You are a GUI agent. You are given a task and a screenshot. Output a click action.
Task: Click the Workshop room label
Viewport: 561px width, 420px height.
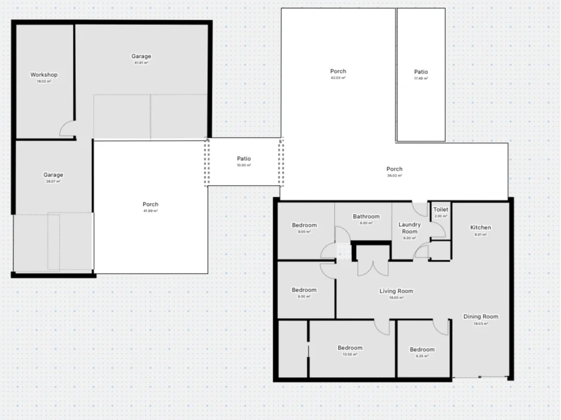(44, 75)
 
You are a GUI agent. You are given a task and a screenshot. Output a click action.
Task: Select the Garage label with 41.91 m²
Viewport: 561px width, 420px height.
(141, 57)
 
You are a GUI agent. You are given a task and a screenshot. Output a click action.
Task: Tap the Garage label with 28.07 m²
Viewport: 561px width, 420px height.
(53, 175)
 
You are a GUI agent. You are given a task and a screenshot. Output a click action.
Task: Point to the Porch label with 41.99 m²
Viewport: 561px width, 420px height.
(151, 204)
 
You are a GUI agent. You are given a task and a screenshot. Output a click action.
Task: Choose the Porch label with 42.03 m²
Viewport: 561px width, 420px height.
(338, 72)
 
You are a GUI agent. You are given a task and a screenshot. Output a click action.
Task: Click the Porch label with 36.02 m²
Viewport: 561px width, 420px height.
(394, 170)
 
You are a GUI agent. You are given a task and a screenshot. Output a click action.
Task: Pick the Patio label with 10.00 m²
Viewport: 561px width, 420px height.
(244, 159)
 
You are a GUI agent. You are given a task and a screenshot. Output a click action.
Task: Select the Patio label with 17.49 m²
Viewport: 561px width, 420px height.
(421, 72)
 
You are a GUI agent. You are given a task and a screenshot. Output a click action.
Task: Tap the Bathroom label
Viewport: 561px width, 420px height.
(366, 217)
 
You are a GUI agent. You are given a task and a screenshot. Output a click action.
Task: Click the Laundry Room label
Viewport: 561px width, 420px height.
(409, 228)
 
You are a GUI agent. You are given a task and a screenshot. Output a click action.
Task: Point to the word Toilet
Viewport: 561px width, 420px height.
(441, 210)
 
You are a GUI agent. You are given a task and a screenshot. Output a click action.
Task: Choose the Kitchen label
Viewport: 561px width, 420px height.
(481, 228)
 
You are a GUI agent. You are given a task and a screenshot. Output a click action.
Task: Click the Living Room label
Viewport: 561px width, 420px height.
(396, 291)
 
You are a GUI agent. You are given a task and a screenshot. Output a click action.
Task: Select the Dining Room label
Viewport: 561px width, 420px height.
(481, 316)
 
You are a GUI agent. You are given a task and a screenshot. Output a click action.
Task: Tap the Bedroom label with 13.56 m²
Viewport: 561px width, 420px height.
(350, 348)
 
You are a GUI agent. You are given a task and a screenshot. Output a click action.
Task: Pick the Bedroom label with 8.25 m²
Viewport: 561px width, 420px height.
(422, 349)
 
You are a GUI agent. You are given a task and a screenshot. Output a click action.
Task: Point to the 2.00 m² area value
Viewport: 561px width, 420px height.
(441, 216)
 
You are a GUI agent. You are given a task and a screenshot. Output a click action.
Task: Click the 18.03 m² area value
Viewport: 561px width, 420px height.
(481, 324)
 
